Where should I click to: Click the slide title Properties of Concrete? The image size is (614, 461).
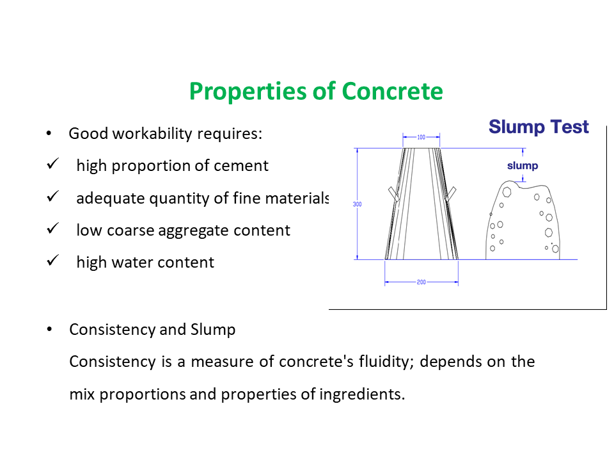coord(316,91)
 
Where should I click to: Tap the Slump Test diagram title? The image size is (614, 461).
coord(539,127)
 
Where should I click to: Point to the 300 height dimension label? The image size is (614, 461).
coord(358,205)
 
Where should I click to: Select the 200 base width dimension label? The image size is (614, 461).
coord(421,282)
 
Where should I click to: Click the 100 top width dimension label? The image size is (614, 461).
coord(421,137)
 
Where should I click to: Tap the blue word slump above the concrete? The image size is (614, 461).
coord(523,166)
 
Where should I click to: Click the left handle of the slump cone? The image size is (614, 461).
coord(393,193)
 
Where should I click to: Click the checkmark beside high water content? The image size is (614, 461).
coord(53,261)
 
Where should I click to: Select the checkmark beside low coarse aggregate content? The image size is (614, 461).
coord(53,229)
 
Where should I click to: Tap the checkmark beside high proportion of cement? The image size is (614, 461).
coord(53,165)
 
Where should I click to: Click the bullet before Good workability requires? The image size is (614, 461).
coord(49,134)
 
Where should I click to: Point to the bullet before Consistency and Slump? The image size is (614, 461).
coord(49,330)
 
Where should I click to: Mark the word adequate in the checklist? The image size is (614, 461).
coord(111,198)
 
